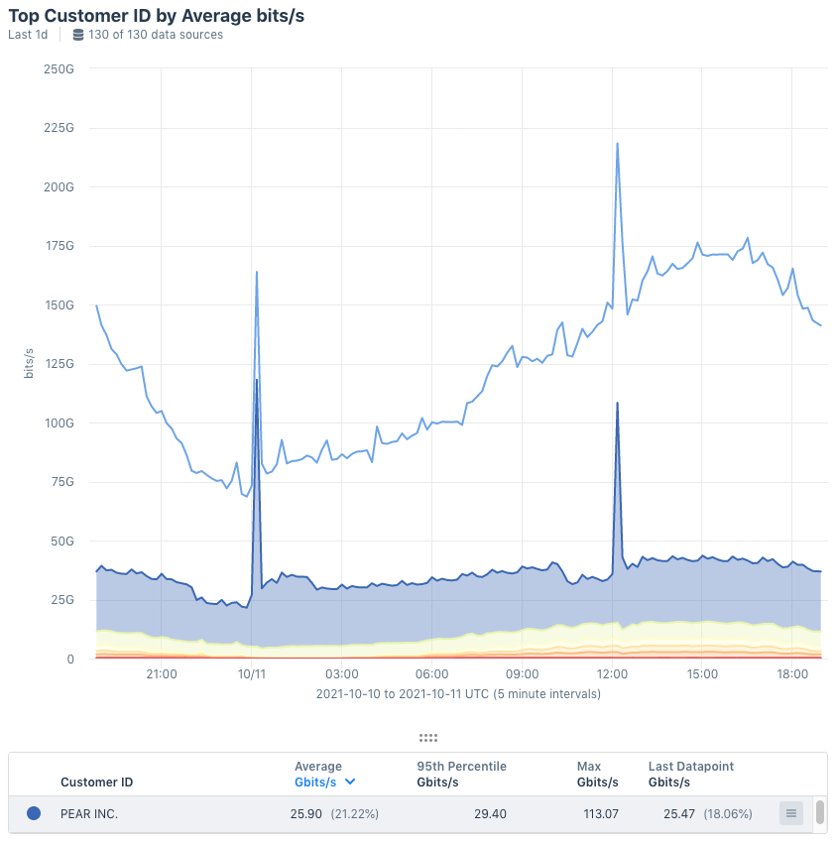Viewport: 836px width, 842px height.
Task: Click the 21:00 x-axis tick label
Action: click(161, 674)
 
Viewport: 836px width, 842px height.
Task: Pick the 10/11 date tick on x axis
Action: click(252, 674)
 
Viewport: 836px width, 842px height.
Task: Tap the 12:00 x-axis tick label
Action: click(613, 674)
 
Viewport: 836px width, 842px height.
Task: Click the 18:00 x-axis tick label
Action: click(792, 674)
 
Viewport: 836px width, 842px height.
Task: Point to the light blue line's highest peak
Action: click(617, 144)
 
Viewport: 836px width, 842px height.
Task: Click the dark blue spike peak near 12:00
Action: click(617, 404)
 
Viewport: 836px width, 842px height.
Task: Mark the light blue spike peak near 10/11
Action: click(257, 272)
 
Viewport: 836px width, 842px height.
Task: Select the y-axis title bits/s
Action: click(29, 364)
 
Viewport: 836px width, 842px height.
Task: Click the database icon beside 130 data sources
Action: click(78, 35)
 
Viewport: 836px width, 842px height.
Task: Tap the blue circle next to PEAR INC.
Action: click(34, 813)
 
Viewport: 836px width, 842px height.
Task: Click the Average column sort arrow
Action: click(350, 782)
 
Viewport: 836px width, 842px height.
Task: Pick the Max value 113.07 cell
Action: click(596, 813)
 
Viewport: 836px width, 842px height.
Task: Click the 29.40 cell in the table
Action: click(491, 813)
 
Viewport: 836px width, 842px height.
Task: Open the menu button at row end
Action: click(790, 813)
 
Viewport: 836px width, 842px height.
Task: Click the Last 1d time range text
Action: click(28, 35)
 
